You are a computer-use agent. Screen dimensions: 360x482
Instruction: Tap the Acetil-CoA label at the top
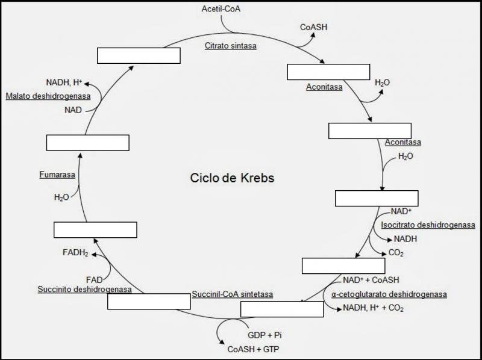click(220, 8)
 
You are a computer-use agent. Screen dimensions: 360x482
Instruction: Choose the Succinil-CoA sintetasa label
click(233, 294)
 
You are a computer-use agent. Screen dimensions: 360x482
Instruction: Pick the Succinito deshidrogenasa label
click(84, 289)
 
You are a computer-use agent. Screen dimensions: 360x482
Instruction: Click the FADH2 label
click(75, 253)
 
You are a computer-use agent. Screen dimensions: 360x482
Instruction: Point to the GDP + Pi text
click(265, 335)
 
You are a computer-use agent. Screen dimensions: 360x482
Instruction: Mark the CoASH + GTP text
click(253, 349)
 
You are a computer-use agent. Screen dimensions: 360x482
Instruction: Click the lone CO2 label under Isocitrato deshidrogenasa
click(396, 253)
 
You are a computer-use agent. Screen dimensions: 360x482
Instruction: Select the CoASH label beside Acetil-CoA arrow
click(314, 27)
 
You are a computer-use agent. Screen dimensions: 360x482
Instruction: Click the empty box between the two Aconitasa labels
click(369, 131)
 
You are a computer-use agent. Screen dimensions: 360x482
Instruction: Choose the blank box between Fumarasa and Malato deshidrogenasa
click(87, 143)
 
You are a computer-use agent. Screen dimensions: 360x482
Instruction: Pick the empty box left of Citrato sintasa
click(139, 55)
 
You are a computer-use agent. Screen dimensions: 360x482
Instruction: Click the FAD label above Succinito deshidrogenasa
click(94, 279)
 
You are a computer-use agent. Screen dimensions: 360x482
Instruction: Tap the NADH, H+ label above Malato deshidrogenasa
click(64, 82)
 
